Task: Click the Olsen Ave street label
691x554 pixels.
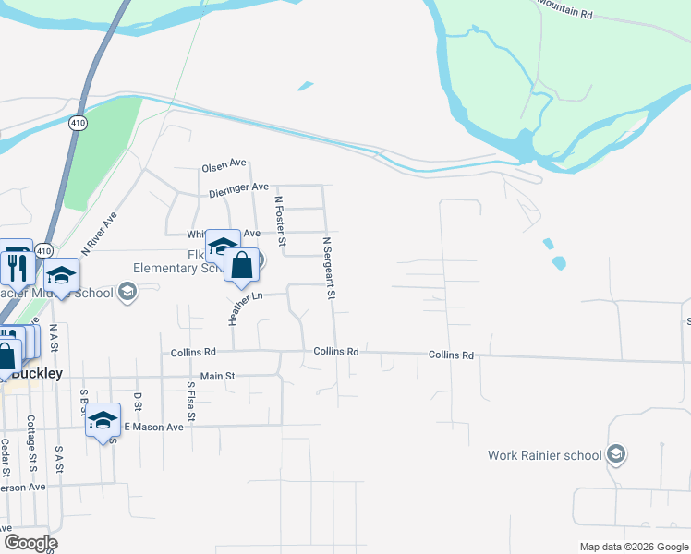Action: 224,168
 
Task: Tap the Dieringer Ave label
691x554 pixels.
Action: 238,190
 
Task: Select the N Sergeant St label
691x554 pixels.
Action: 328,269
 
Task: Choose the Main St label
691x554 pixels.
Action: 218,376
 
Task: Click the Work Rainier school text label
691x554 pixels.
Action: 545,455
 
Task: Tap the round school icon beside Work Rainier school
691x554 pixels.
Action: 616,455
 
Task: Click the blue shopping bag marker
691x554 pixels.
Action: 241,266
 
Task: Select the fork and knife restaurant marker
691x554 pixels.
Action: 18,267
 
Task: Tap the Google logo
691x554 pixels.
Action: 30,543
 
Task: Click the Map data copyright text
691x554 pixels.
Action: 633,547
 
